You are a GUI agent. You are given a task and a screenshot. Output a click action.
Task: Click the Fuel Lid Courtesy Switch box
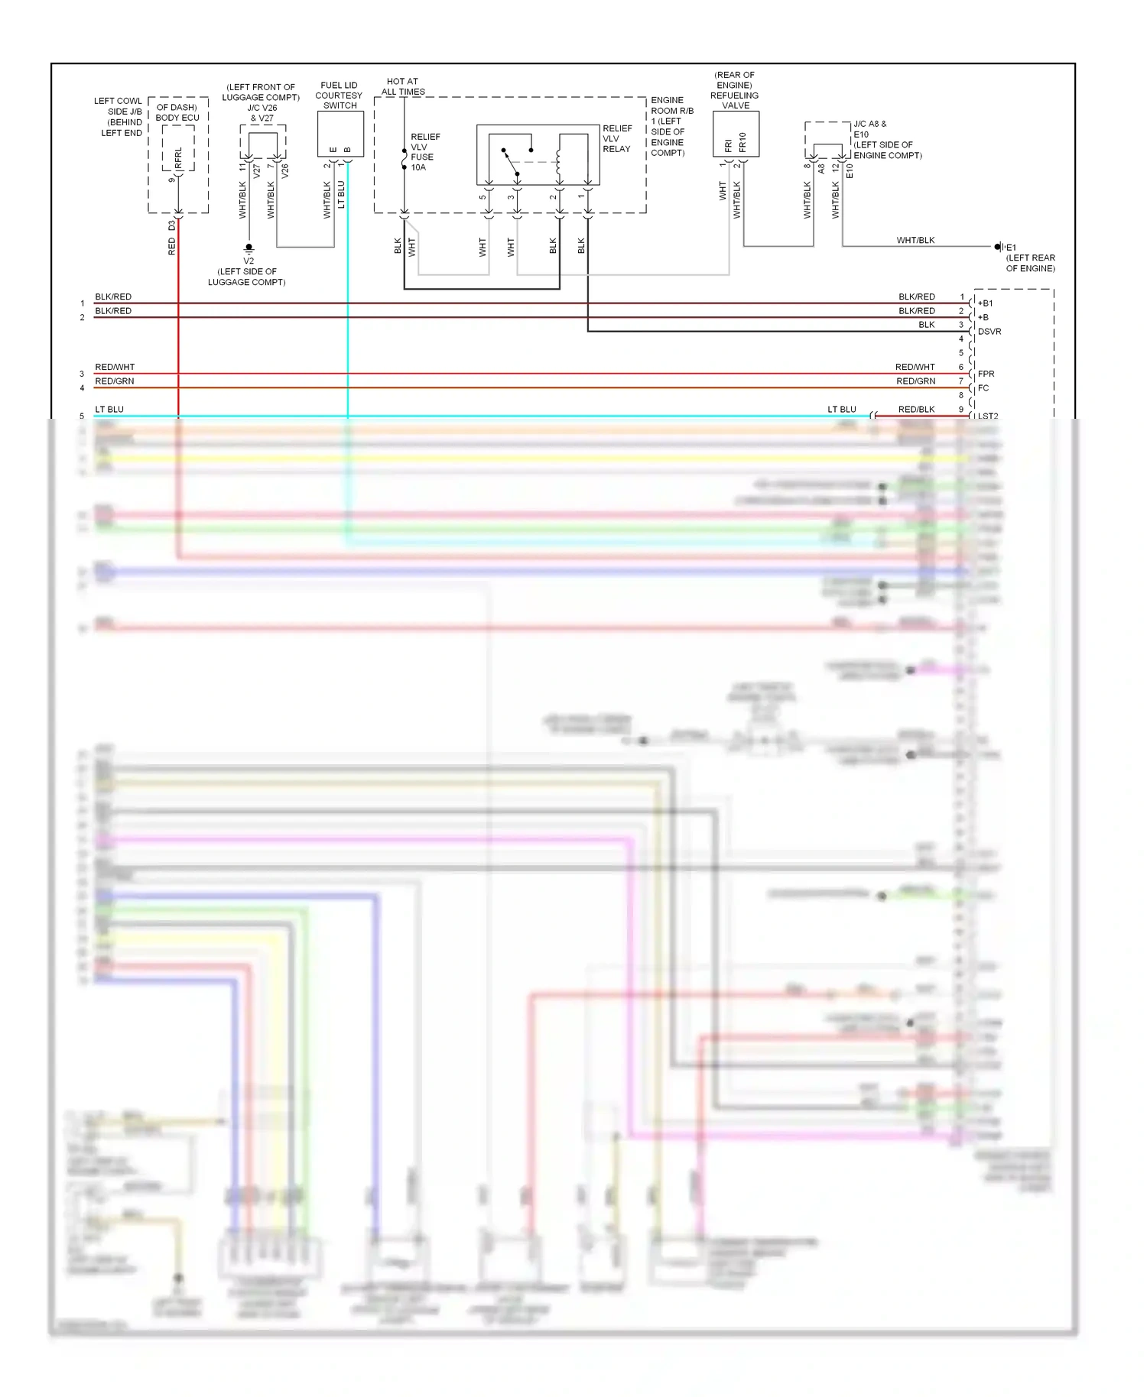click(x=340, y=135)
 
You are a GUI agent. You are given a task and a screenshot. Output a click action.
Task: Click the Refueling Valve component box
click(x=736, y=134)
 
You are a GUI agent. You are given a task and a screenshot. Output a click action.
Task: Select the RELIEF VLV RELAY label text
click(x=617, y=138)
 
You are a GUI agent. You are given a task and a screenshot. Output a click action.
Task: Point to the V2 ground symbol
click(x=249, y=249)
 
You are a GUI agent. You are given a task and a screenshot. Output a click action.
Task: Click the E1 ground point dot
click(x=998, y=247)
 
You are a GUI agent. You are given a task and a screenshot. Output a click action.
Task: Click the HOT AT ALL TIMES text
click(x=403, y=86)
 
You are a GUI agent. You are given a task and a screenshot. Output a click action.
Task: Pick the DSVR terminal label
click(x=989, y=331)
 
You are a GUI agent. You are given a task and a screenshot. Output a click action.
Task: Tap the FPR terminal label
click(x=986, y=374)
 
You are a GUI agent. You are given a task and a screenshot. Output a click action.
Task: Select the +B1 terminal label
click(x=985, y=303)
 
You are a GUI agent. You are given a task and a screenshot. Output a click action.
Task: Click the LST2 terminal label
click(x=987, y=416)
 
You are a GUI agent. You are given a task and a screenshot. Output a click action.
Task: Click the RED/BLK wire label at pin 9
click(x=916, y=409)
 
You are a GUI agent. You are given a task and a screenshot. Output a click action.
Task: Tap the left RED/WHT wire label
click(x=115, y=367)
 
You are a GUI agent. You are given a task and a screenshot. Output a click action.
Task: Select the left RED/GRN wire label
click(x=115, y=381)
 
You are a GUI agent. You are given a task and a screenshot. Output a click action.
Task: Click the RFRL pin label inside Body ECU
click(x=178, y=158)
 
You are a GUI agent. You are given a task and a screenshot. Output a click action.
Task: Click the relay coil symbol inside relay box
click(x=559, y=161)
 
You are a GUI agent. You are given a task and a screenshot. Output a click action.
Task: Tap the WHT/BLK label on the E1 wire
click(x=915, y=240)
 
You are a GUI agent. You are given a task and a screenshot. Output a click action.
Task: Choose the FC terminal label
click(x=983, y=387)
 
